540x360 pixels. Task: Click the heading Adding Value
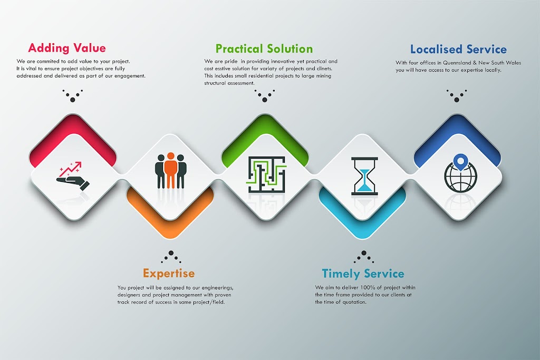pos(67,48)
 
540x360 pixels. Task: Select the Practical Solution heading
pos(264,49)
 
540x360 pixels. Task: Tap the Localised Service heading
pos(458,50)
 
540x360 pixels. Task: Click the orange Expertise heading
pos(169,273)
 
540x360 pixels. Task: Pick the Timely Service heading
pos(363,274)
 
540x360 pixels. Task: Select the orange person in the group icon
pos(170,170)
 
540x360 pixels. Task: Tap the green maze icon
pos(266,174)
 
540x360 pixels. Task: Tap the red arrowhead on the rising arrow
pos(79,164)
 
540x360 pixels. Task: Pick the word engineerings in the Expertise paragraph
pos(215,288)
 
